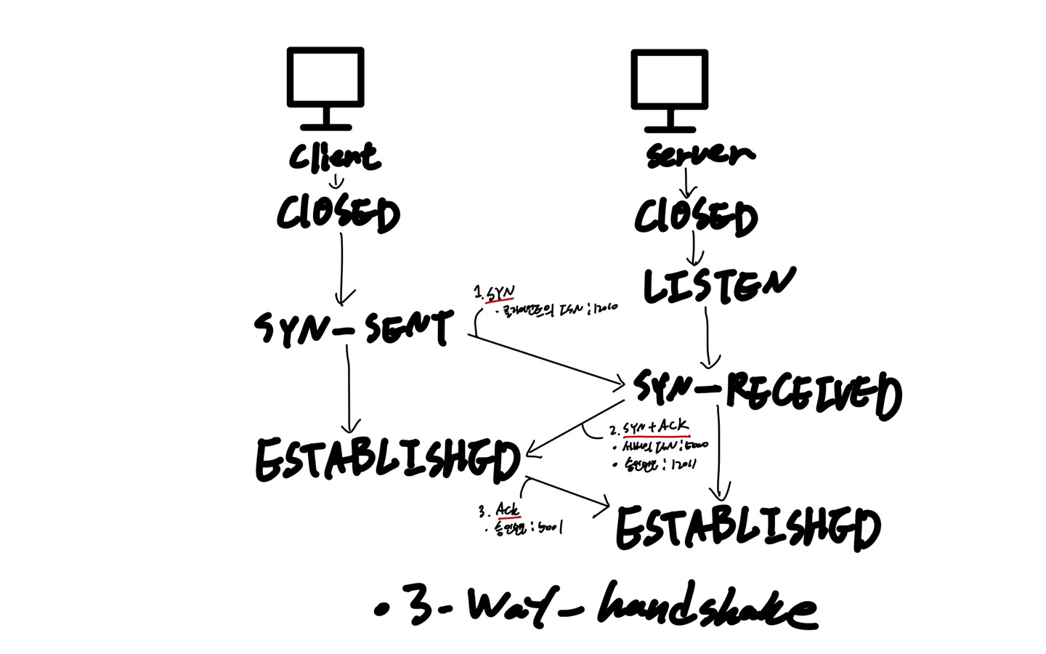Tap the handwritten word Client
pos(334,156)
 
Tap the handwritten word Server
pos(700,155)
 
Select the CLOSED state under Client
pos(338,214)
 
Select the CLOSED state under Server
pos(695,217)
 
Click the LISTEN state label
pos(718,285)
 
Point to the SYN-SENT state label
pos(354,328)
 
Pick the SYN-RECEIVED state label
pos(767,392)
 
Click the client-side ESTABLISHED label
pos(388,460)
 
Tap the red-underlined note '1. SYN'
pos(495,294)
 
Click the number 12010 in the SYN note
pos(604,308)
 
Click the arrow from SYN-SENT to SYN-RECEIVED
pos(545,359)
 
